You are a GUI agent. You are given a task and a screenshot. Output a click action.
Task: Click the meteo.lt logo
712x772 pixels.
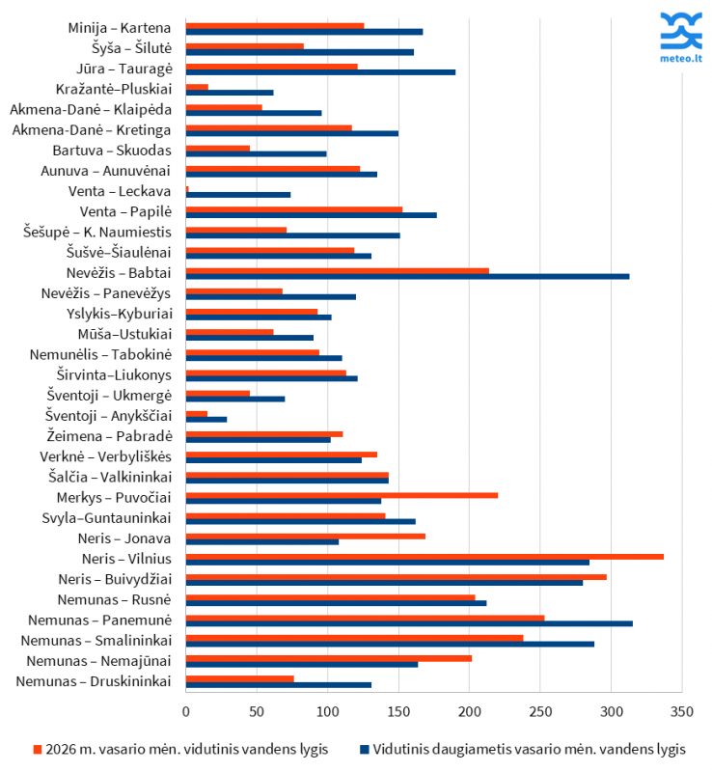[680, 39]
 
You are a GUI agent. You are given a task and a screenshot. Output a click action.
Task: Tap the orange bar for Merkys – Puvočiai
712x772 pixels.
[342, 495]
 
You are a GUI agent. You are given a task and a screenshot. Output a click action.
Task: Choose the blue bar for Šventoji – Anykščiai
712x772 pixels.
[206, 419]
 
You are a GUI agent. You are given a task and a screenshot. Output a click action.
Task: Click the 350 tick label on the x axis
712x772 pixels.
[682, 711]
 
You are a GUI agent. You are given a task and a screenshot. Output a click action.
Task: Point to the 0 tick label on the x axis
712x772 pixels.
[186, 711]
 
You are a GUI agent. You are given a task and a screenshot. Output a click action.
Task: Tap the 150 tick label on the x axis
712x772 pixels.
[398, 711]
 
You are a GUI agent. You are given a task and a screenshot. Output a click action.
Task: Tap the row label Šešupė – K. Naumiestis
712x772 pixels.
[97, 232]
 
